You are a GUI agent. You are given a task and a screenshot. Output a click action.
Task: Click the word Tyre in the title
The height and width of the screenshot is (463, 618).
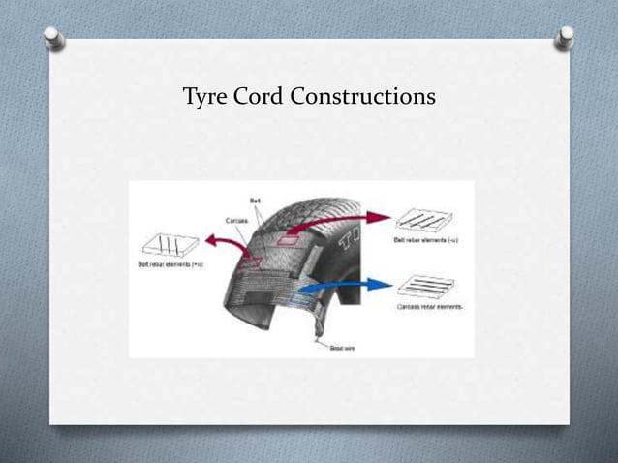click(x=206, y=98)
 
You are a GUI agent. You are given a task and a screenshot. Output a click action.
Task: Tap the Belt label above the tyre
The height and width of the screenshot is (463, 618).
click(x=255, y=201)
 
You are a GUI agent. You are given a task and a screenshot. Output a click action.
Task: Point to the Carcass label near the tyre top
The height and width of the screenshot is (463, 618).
click(x=235, y=220)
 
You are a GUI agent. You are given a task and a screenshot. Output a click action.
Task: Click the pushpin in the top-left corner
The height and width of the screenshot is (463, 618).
click(x=57, y=38)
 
